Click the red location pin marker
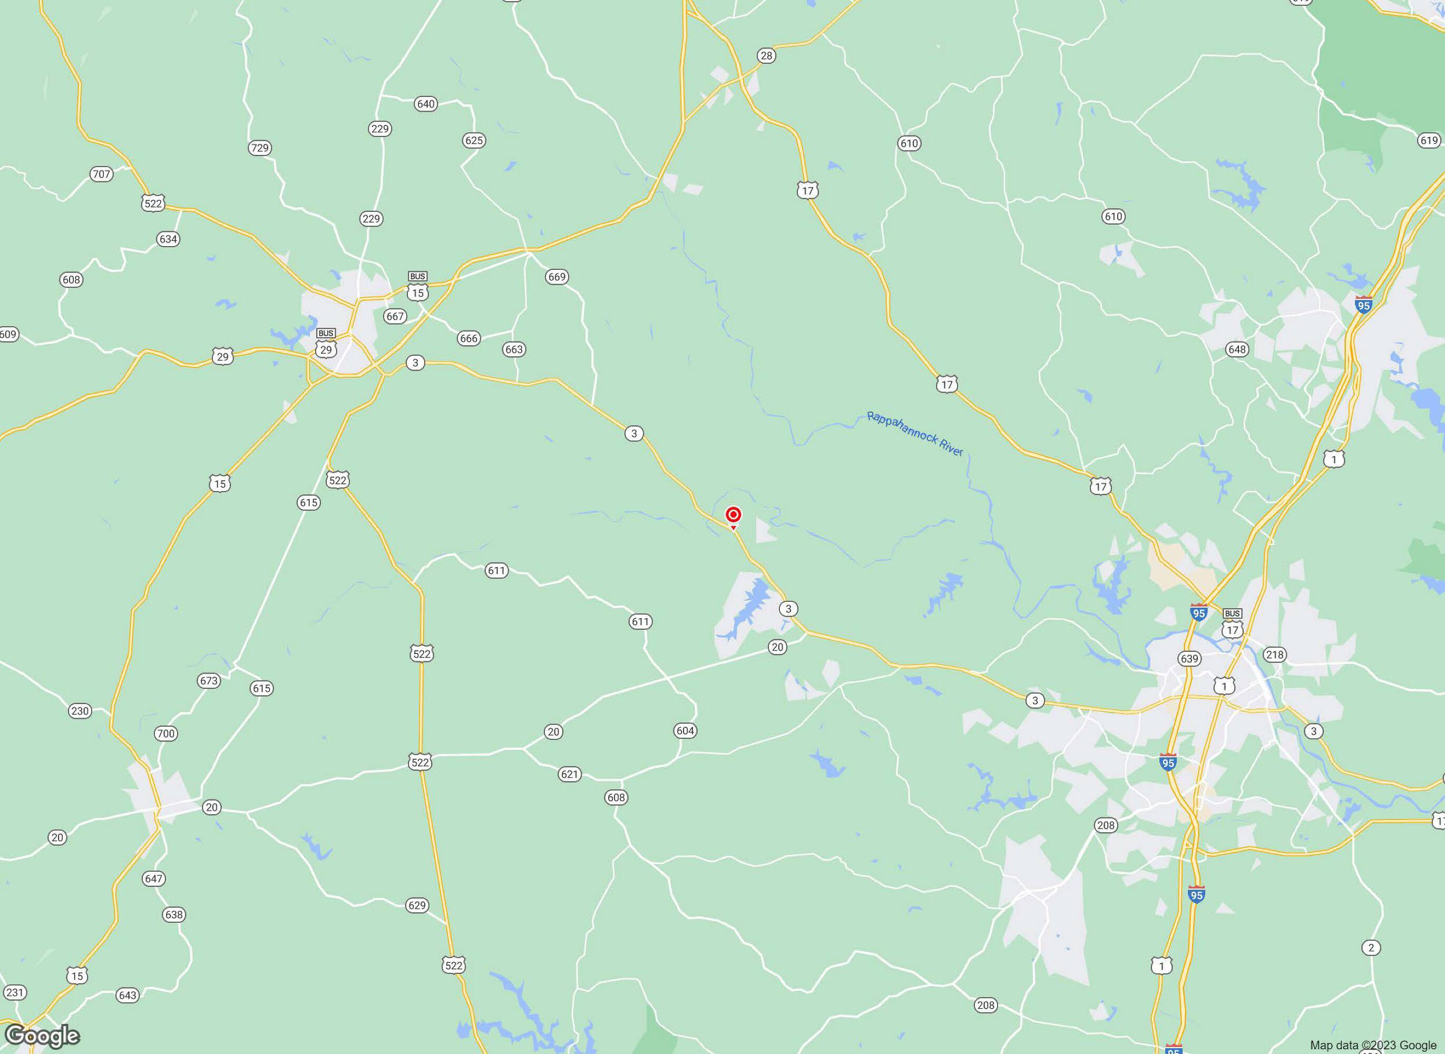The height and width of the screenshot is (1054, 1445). click(734, 515)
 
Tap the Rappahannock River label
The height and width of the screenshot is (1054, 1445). click(915, 434)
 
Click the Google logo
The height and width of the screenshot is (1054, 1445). click(42, 1036)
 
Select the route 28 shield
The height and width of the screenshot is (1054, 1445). click(766, 55)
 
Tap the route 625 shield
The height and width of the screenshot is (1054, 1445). click(474, 140)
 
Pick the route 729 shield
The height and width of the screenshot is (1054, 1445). click(260, 148)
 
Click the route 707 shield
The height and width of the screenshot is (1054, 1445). click(101, 173)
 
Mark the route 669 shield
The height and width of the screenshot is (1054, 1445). click(557, 277)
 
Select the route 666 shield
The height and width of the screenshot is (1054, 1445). click(468, 338)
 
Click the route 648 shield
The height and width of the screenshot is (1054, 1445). click(1237, 349)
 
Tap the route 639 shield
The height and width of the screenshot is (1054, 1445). click(1189, 658)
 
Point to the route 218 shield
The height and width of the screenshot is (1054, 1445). click(1275, 655)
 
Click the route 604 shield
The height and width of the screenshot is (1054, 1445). click(685, 730)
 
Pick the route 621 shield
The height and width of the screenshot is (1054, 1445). click(569, 775)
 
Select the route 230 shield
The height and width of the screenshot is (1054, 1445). click(80, 711)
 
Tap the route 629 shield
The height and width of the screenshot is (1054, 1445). click(417, 905)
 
